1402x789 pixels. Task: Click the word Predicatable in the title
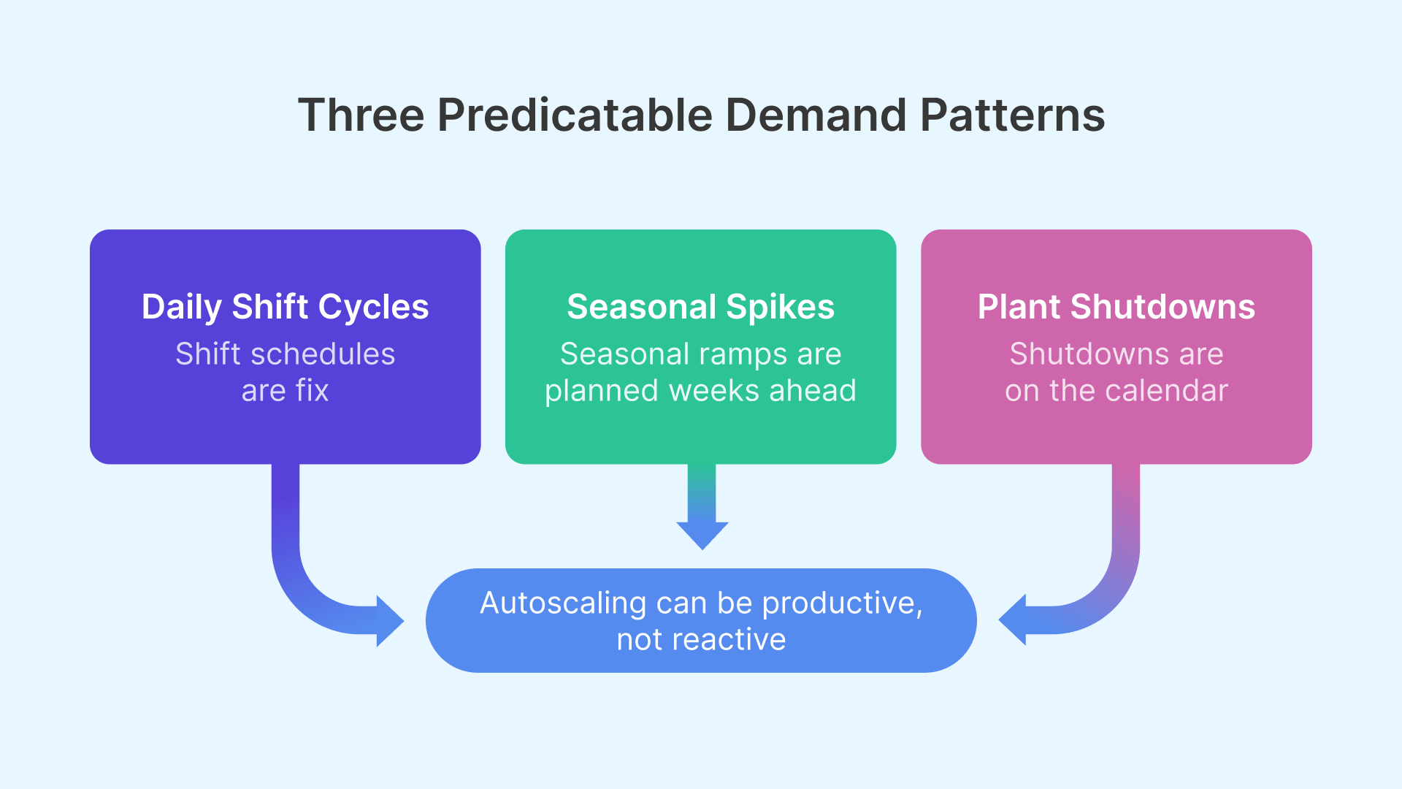coord(575,115)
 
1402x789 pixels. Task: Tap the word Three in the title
coord(361,115)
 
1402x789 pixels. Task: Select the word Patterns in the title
coord(1012,115)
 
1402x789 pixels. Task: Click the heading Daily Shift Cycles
coord(285,307)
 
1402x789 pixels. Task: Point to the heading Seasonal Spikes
coord(700,307)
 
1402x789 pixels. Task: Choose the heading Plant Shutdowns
coord(1116,307)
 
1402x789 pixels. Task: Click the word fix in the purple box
coord(313,390)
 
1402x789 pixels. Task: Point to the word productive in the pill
coord(842,603)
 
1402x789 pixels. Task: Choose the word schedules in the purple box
coord(322,354)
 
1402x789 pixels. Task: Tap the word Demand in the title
coord(816,115)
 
